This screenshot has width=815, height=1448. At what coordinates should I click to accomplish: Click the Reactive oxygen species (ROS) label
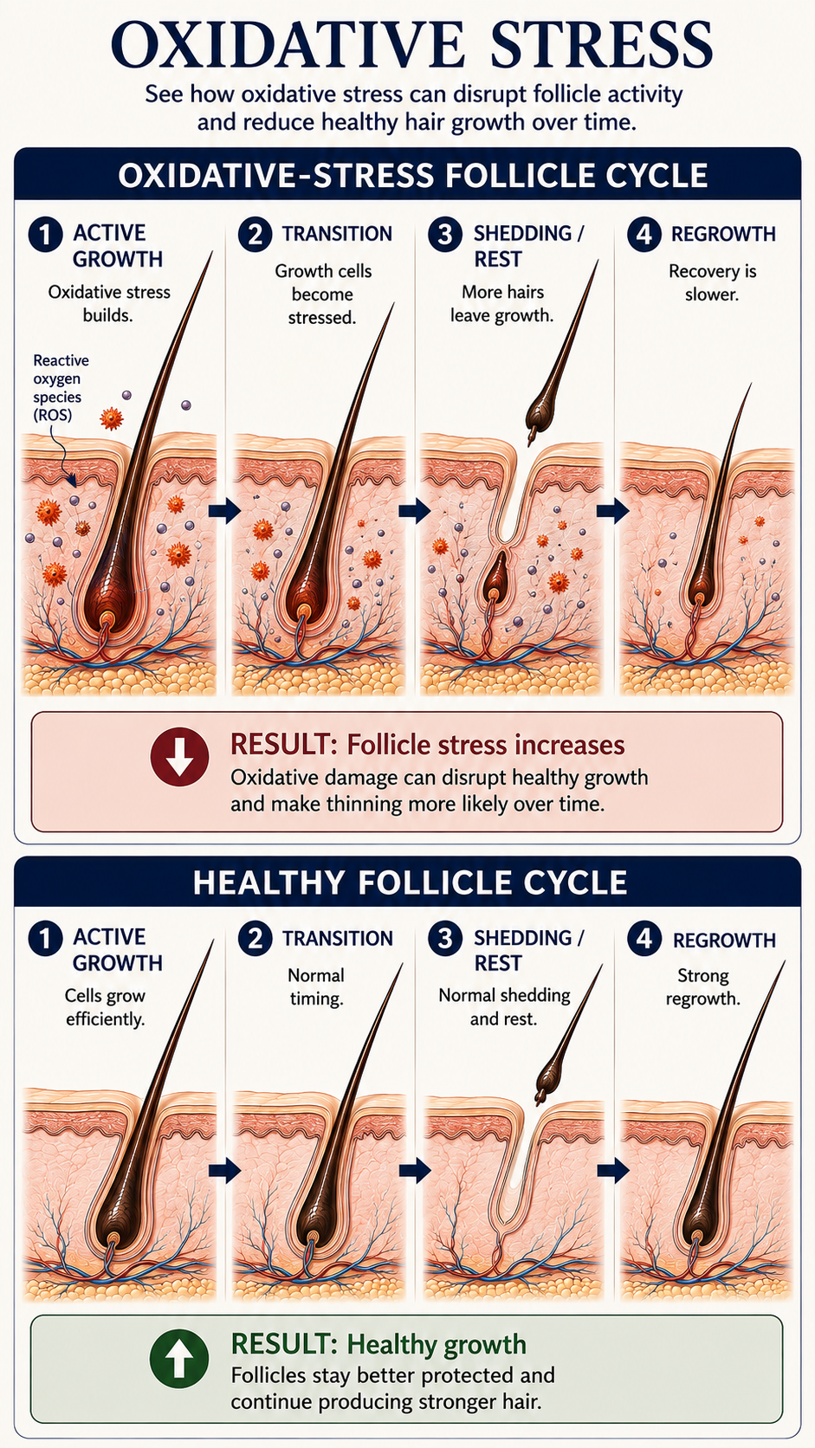point(61,387)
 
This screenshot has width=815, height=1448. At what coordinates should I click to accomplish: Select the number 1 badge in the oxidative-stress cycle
point(45,234)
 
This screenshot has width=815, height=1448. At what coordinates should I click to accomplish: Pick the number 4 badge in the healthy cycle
point(644,939)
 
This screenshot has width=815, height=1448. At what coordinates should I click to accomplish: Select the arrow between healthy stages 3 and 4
point(612,1170)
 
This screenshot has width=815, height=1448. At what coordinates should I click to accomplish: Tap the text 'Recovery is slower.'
point(712,282)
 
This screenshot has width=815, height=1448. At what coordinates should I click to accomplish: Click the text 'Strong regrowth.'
point(703,986)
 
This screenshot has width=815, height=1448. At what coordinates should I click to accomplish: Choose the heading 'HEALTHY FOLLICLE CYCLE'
point(410,882)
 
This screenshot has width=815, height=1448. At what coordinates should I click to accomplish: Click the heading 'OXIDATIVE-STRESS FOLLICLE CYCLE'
point(413,175)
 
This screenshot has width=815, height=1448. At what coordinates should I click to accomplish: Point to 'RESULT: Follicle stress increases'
point(427,745)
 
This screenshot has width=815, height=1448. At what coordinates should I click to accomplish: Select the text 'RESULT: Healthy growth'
point(378,1345)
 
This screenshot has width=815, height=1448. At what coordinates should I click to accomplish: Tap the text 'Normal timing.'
point(316,986)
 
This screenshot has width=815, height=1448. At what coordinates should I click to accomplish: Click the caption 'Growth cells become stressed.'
point(322,294)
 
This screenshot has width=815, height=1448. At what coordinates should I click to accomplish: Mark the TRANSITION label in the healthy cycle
point(338,938)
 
